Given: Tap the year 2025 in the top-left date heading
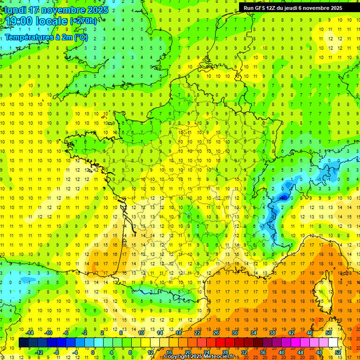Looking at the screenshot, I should (x=97, y=10).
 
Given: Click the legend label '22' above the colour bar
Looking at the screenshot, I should (x=197, y=333).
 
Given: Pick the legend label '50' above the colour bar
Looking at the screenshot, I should (x=329, y=333).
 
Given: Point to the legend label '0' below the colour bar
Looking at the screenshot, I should (x=93, y=352).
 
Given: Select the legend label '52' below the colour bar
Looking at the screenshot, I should (x=338, y=352).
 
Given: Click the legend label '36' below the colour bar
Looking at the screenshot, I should (x=263, y=352).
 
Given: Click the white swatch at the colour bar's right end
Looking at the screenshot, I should (x=333, y=343).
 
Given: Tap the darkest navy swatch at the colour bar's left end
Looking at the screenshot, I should (x=23, y=343).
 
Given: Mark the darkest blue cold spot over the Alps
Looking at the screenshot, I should (x=283, y=197).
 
